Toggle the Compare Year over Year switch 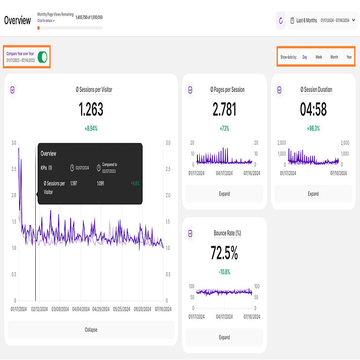tap(43, 57)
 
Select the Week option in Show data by tap(319, 57)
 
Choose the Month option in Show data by tap(334, 57)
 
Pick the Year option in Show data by tap(349, 57)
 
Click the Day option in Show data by tap(305, 57)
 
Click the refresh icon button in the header tap(281, 20)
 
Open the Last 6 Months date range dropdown tap(322, 20)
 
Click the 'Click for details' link tap(46, 21)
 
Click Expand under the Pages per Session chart tap(224, 194)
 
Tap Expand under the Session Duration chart tap(313, 194)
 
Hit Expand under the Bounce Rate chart tap(224, 337)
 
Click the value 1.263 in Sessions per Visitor tap(91, 110)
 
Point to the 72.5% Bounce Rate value tap(224, 254)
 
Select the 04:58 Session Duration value tap(313, 110)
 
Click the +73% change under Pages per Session tap(224, 129)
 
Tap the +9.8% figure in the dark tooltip tap(135, 183)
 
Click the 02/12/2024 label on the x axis tap(39, 309)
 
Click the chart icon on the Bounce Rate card tap(191, 233)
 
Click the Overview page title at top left tap(18, 20)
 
